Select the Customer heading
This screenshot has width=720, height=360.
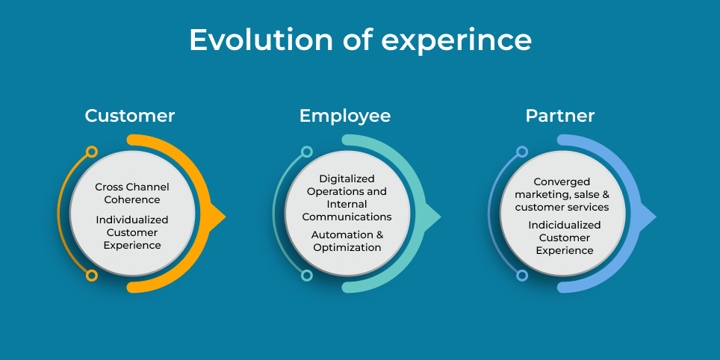pyautogui.click(x=130, y=116)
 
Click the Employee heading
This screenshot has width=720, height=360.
pyautogui.click(x=345, y=116)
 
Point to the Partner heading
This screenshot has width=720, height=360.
pyautogui.click(x=560, y=116)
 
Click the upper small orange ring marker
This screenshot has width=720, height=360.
pyautogui.click(x=92, y=152)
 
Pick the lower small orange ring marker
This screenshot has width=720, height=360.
pyautogui.click(x=92, y=276)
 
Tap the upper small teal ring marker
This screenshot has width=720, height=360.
pyautogui.click(x=307, y=152)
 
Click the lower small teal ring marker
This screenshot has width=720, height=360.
pyautogui.click(x=307, y=276)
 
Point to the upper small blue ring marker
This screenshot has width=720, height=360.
pyautogui.click(x=522, y=152)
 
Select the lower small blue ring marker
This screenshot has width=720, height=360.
pyautogui.click(x=522, y=276)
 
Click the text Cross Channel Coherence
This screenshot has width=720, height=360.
pyautogui.click(x=132, y=193)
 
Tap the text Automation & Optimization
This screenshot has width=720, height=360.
pyautogui.click(x=347, y=240)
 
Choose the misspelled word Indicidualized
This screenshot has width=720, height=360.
pyautogui.click(x=565, y=225)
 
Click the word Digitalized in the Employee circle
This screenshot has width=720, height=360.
pyautogui.click(x=347, y=179)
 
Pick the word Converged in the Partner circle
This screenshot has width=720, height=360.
pyautogui.click(x=562, y=181)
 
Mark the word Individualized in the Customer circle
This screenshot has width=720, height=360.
pyautogui.click(x=132, y=220)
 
